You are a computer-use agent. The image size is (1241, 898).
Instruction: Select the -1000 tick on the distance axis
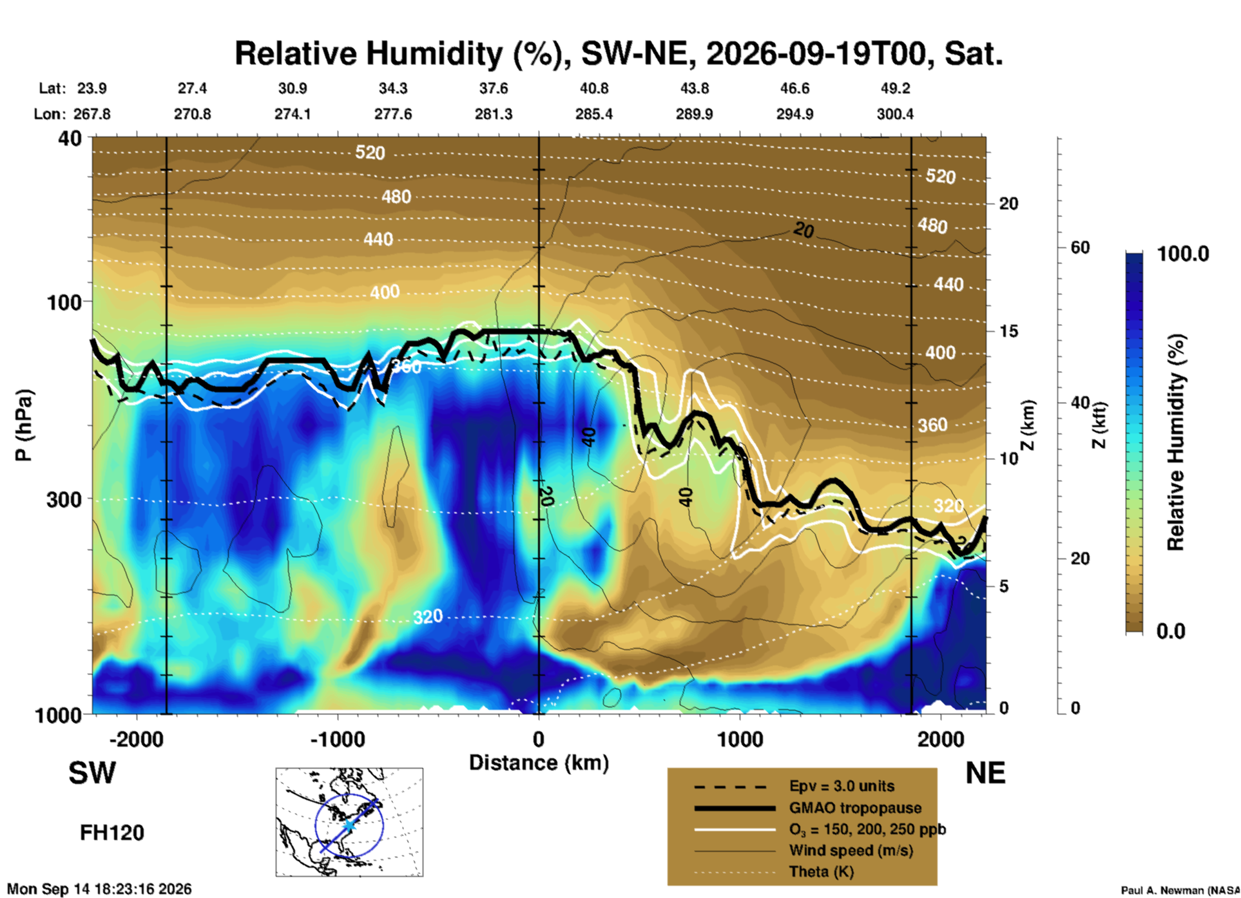pyautogui.click(x=337, y=739)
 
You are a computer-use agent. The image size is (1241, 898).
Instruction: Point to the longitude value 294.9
pyautogui.click(x=794, y=114)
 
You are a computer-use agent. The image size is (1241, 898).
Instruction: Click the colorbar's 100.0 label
pyautogui.click(x=1183, y=254)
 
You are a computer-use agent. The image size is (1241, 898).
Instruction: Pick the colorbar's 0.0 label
pyautogui.click(x=1171, y=631)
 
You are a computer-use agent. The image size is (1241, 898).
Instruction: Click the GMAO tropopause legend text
pyautogui.click(x=855, y=808)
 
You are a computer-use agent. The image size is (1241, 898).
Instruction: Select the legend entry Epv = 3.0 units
pyautogui.click(x=842, y=786)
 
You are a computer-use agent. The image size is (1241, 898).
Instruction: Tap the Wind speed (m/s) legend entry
pyautogui.click(x=851, y=850)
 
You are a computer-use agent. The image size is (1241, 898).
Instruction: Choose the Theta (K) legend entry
pyautogui.click(x=821, y=872)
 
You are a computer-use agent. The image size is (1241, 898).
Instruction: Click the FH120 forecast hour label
pyautogui.click(x=112, y=833)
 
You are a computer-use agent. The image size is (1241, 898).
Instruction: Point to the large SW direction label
pyautogui.click(x=92, y=773)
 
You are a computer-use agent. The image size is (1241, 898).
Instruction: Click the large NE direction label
pyautogui.click(x=985, y=773)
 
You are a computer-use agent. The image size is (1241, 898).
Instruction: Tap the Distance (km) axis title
pyautogui.click(x=539, y=763)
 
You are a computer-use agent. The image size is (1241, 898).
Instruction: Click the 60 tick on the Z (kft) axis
pyautogui.click(x=1080, y=247)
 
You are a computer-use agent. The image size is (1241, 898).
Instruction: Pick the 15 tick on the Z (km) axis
pyautogui.click(x=1008, y=331)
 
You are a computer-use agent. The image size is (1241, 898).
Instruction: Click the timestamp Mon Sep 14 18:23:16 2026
pyautogui.click(x=99, y=889)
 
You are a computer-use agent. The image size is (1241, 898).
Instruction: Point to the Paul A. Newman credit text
pyautogui.click(x=1180, y=890)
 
